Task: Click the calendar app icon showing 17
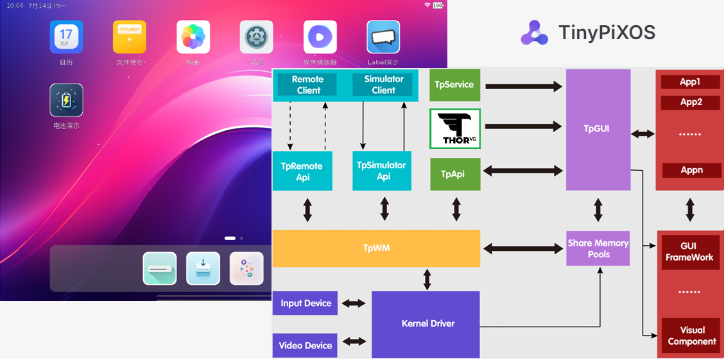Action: point(66,37)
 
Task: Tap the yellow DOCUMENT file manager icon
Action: point(130,37)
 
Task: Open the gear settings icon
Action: point(256,37)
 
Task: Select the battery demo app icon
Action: point(66,100)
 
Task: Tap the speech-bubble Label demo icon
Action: point(383,37)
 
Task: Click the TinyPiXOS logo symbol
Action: point(534,33)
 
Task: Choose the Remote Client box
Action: point(308,85)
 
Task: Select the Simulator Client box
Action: point(383,85)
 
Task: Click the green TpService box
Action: point(454,85)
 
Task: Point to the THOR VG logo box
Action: point(454,129)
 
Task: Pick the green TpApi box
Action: point(455,174)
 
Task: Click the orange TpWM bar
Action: point(376,248)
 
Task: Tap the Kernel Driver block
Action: point(426,324)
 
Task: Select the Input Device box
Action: point(306,303)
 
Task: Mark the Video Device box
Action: point(306,345)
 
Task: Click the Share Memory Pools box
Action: point(598,248)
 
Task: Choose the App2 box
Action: point(691,102)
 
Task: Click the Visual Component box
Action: point(691,336)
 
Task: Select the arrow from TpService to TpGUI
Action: point(523,85)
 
